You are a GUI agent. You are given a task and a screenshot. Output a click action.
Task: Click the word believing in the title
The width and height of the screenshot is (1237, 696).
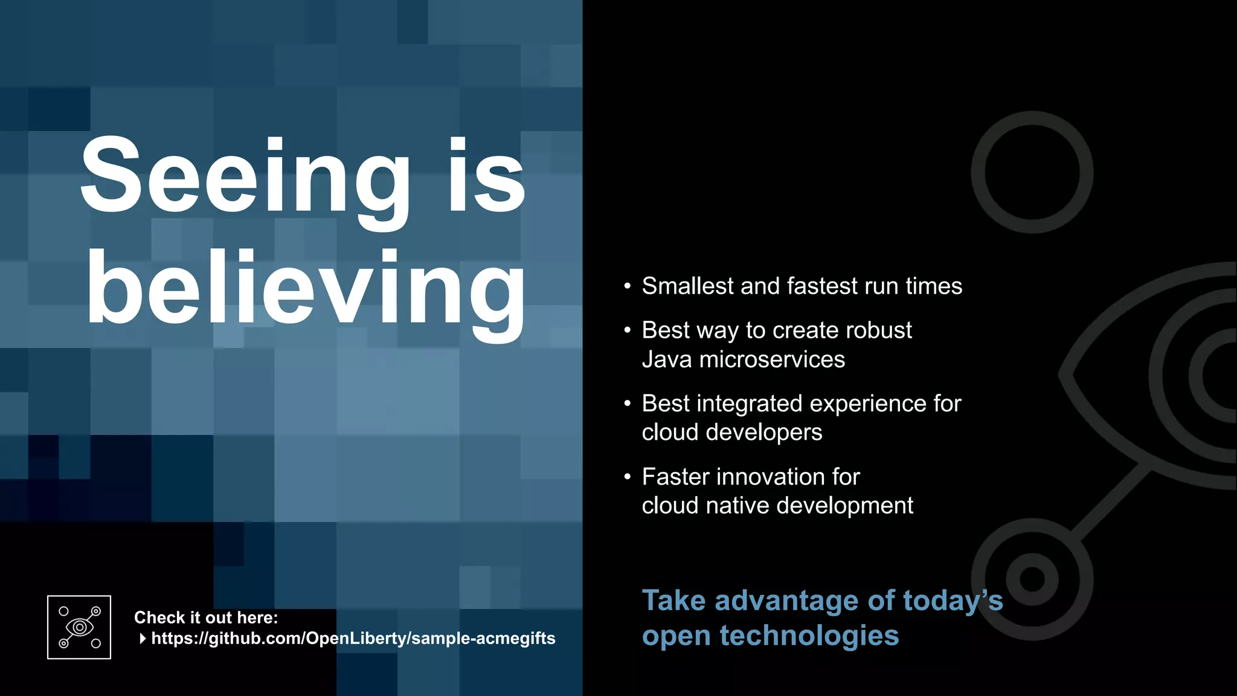pyautogui.click(x=306, y=289)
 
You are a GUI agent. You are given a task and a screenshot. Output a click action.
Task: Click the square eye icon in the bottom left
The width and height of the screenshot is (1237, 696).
pyautogui.click(x=79, y=627)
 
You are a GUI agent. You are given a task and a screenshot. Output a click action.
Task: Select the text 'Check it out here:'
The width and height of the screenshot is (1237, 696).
pyautogui.click(x=206, y=617)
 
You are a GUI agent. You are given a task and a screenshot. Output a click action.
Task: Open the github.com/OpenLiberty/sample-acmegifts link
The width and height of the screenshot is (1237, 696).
pyautogui.click(x=353, y=639)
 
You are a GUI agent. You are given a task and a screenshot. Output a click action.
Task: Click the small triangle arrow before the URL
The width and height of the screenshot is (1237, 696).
pyautogui.click(x=143, y=639)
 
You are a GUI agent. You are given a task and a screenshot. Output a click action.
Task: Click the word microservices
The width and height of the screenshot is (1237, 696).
pyautogui.click(x=772, y=359)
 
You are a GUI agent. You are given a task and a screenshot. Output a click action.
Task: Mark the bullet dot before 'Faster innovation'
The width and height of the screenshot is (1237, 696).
pyautogui.click(x=628, y=477)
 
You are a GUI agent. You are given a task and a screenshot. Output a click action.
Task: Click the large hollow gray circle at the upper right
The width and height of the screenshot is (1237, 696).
pyautogui.click(x=1032, y=172)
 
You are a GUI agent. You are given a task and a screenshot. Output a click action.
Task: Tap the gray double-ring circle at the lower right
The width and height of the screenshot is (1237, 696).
pyautogui.click(x=1032, y=579)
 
